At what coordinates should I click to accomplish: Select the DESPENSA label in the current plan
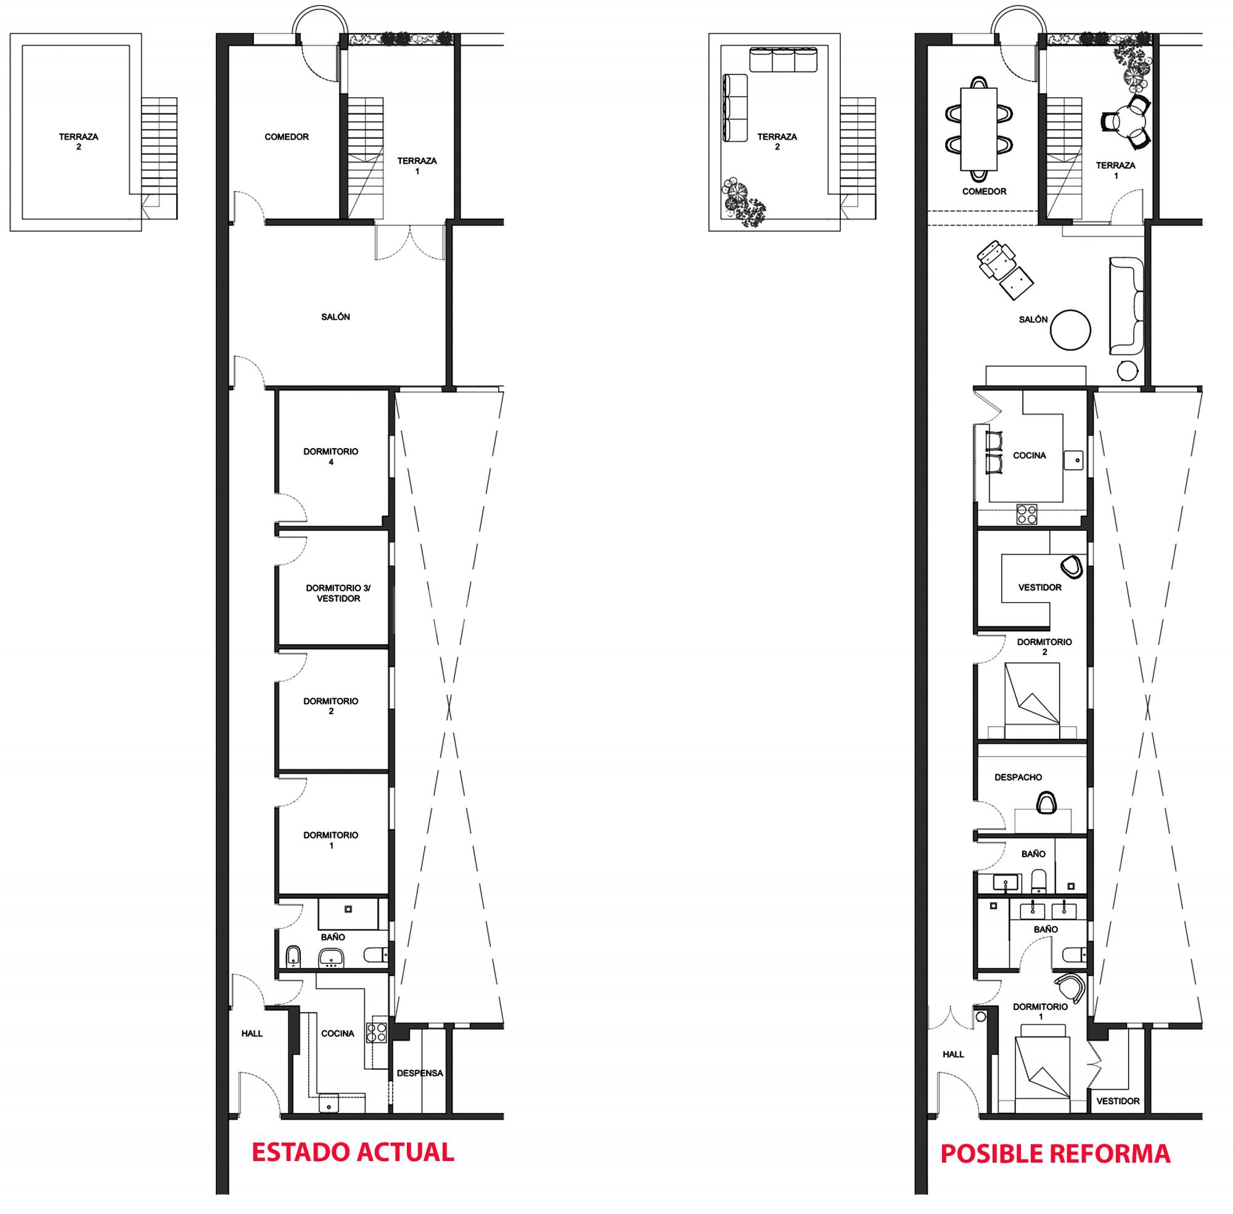click(420, 1073)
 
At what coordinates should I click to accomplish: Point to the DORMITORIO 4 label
click(330, 457)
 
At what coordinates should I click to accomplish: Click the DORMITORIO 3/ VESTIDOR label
click(338, 593)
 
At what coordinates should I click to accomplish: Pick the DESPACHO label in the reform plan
click(1018, 777)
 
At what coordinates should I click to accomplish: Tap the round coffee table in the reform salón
click(1070, 329)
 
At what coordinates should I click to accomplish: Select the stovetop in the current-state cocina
click(376, 1032)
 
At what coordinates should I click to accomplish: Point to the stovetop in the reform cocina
click(1026, 514)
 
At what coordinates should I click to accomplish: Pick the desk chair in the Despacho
click(1046, 802)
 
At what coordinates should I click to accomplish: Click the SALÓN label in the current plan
click(335, 317)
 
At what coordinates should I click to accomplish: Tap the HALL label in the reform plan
click(953, 1054)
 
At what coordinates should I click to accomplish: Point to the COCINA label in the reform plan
click(1030, 455)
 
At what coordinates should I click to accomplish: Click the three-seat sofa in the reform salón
click(1126, 306)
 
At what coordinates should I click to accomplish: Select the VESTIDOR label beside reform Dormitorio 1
click(1118, 1101)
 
